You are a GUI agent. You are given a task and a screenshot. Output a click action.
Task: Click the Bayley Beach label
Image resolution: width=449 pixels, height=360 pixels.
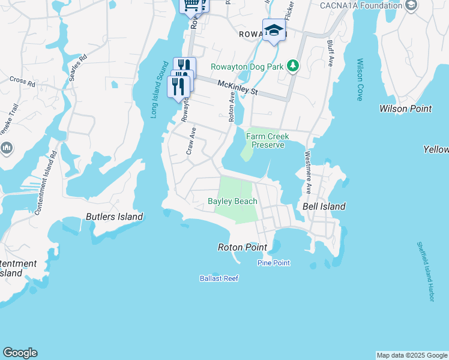[x=232, y=202]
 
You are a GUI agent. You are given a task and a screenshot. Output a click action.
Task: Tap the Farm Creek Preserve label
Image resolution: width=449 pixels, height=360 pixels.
[x=268, y=140]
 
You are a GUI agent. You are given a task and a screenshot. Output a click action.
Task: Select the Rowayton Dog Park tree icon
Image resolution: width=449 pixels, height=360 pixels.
[x=292, y=65]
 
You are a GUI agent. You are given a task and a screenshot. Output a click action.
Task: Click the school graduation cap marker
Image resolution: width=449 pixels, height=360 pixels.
[x=274, y=30]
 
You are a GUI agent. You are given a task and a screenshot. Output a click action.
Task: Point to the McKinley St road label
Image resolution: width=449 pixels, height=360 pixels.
[x=237, y=88]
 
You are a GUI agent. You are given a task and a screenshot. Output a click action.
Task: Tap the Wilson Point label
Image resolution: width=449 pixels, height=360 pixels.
[x=405, y=109]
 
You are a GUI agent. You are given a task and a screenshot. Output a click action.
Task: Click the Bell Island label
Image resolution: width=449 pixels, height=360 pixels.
[x=324, y=206]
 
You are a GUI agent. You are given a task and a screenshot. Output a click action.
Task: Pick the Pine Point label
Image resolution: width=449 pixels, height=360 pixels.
[x=274, y=263]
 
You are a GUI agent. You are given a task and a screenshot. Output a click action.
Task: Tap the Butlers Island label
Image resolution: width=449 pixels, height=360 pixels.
[x=114, y=217]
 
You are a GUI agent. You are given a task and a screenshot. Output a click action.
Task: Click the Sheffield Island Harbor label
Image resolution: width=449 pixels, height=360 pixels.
[x=426, y=272]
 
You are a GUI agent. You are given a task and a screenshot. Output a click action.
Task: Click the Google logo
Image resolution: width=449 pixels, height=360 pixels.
[x=20, y=353]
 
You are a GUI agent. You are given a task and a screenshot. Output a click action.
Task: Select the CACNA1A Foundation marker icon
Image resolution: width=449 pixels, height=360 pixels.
[x=411, y=6]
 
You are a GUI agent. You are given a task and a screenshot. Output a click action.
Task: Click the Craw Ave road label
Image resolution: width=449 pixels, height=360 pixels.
[x=191, y=141]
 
